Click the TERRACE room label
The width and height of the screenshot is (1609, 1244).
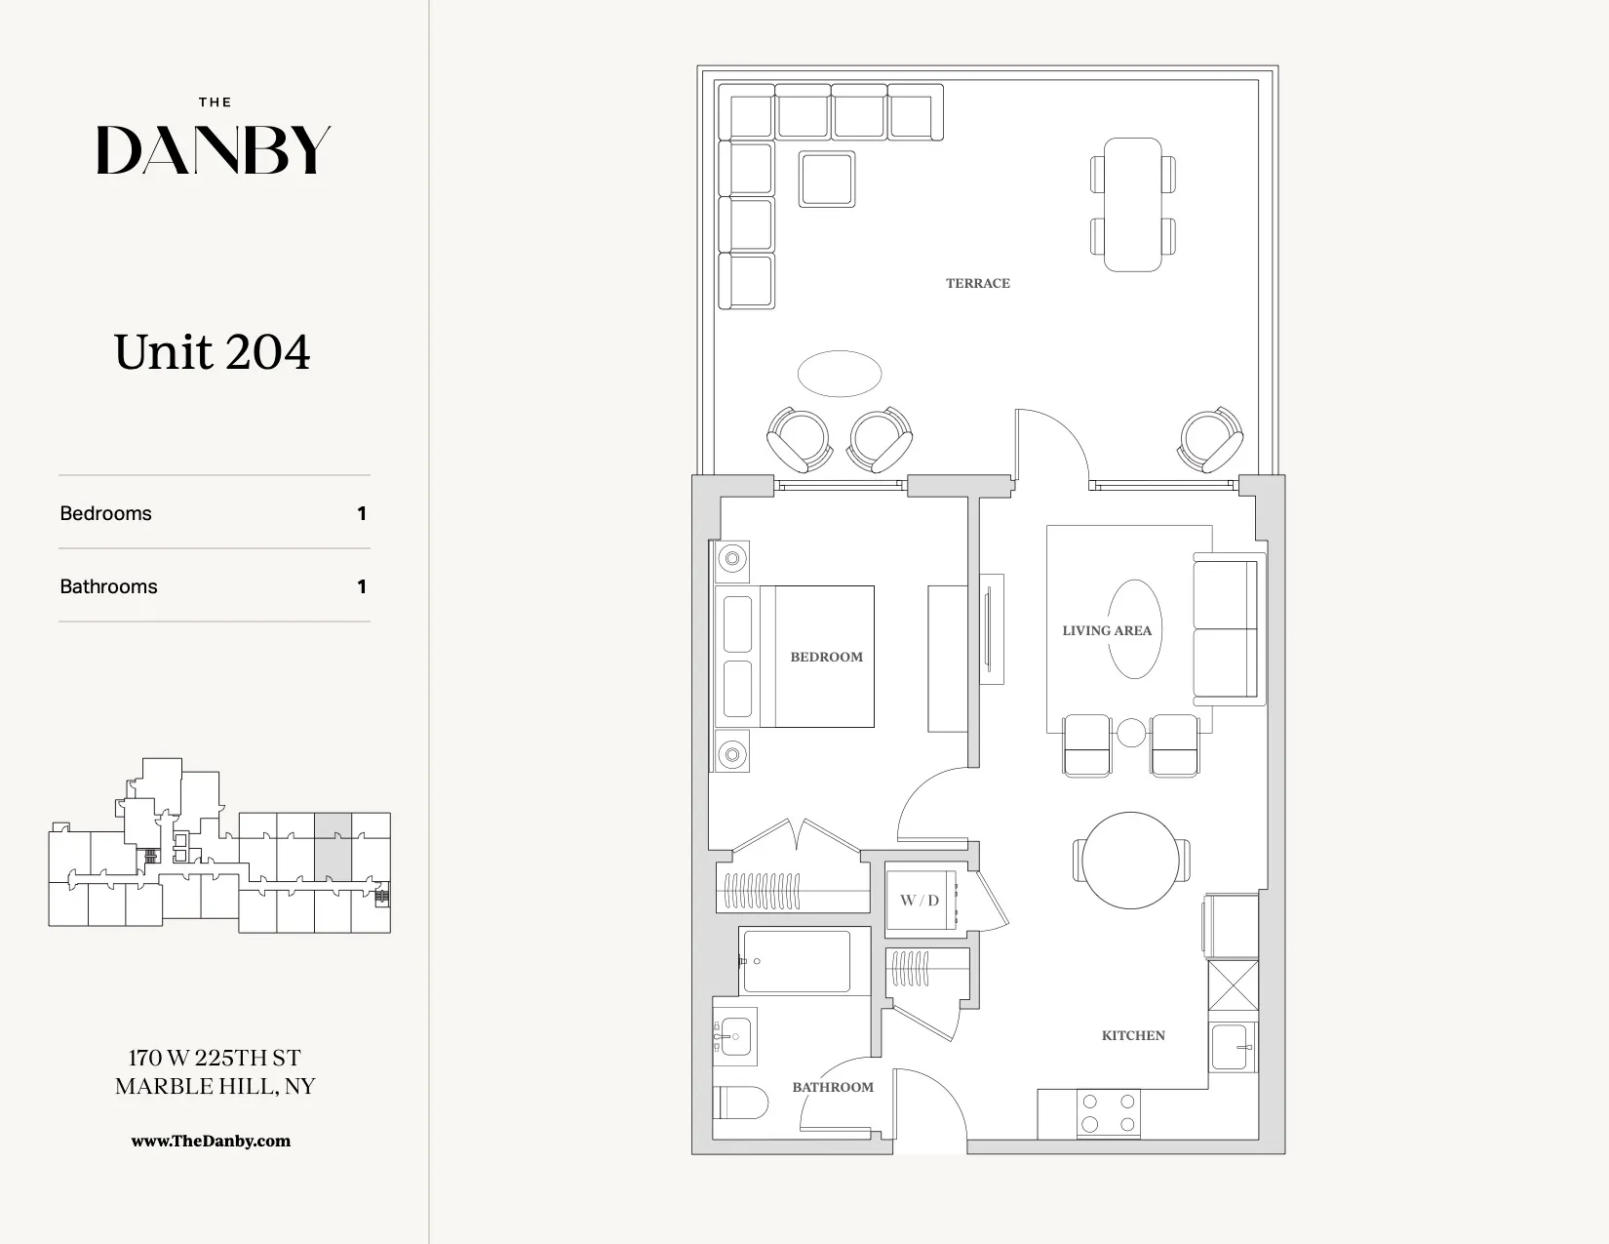[977, 284]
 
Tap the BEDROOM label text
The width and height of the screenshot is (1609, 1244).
[826, 657]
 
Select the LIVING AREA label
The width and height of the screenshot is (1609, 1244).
[1107, 630]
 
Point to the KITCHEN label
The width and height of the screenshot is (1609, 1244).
[1133, 1035]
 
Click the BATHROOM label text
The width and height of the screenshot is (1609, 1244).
[832, 1087]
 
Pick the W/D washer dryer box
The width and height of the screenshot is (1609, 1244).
[920, 900]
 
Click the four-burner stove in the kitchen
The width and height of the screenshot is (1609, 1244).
[1108, 1113]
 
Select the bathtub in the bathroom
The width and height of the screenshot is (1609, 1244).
[797, 961]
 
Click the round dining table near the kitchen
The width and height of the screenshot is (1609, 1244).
[1131, 861]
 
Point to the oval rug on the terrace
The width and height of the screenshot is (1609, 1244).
[840, 374]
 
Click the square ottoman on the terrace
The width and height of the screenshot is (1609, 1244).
[827, 179]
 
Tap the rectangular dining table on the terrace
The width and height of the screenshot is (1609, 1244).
[1132, 204]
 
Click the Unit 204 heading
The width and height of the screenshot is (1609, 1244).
[213, 352]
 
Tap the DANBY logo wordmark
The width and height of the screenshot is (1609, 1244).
[214, 150]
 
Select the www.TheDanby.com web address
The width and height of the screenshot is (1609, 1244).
[211, 1141]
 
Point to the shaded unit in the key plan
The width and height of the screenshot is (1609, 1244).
[333, 847]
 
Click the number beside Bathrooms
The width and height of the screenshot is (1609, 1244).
[362, 586]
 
